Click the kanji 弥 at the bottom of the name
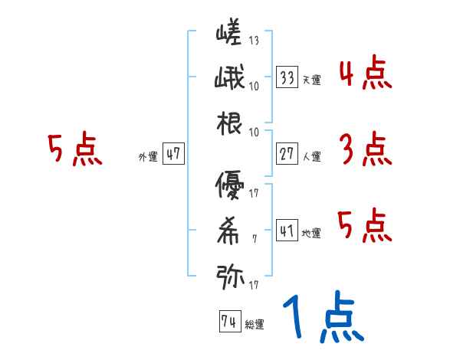point(229,276)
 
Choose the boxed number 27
point(287,154)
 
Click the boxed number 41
point(287,231)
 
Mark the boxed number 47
point(173,154)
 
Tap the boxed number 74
point(228,322)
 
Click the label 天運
point(310,80)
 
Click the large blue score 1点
point(323,317)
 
